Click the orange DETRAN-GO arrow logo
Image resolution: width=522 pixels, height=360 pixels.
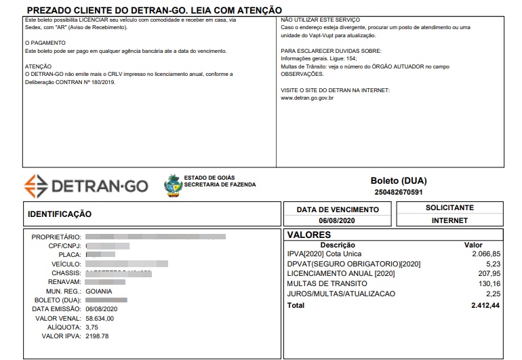35,185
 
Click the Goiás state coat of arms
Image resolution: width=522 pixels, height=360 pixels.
174,185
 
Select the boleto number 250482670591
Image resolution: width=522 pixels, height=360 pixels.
399,193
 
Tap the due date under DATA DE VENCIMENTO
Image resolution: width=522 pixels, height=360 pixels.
338,221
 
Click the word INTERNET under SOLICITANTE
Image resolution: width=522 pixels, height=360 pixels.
449,220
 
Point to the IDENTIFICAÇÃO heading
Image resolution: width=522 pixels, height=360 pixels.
60,214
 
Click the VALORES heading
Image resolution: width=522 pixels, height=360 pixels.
309,235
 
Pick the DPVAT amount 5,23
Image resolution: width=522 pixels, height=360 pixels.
494,264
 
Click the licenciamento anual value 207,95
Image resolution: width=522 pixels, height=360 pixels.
489,274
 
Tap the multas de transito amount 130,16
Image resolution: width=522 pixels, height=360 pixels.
489,284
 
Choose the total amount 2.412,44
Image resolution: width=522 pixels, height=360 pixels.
485,306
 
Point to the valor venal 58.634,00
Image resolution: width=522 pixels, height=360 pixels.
100,318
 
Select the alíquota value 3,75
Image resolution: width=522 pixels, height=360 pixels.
92,327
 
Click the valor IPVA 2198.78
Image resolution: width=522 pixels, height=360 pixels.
97,336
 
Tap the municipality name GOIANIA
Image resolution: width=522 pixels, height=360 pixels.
99,291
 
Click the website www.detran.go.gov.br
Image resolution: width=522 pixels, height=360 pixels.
306,98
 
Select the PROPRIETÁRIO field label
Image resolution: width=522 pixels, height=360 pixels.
56,237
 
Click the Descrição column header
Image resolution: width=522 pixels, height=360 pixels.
338,245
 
